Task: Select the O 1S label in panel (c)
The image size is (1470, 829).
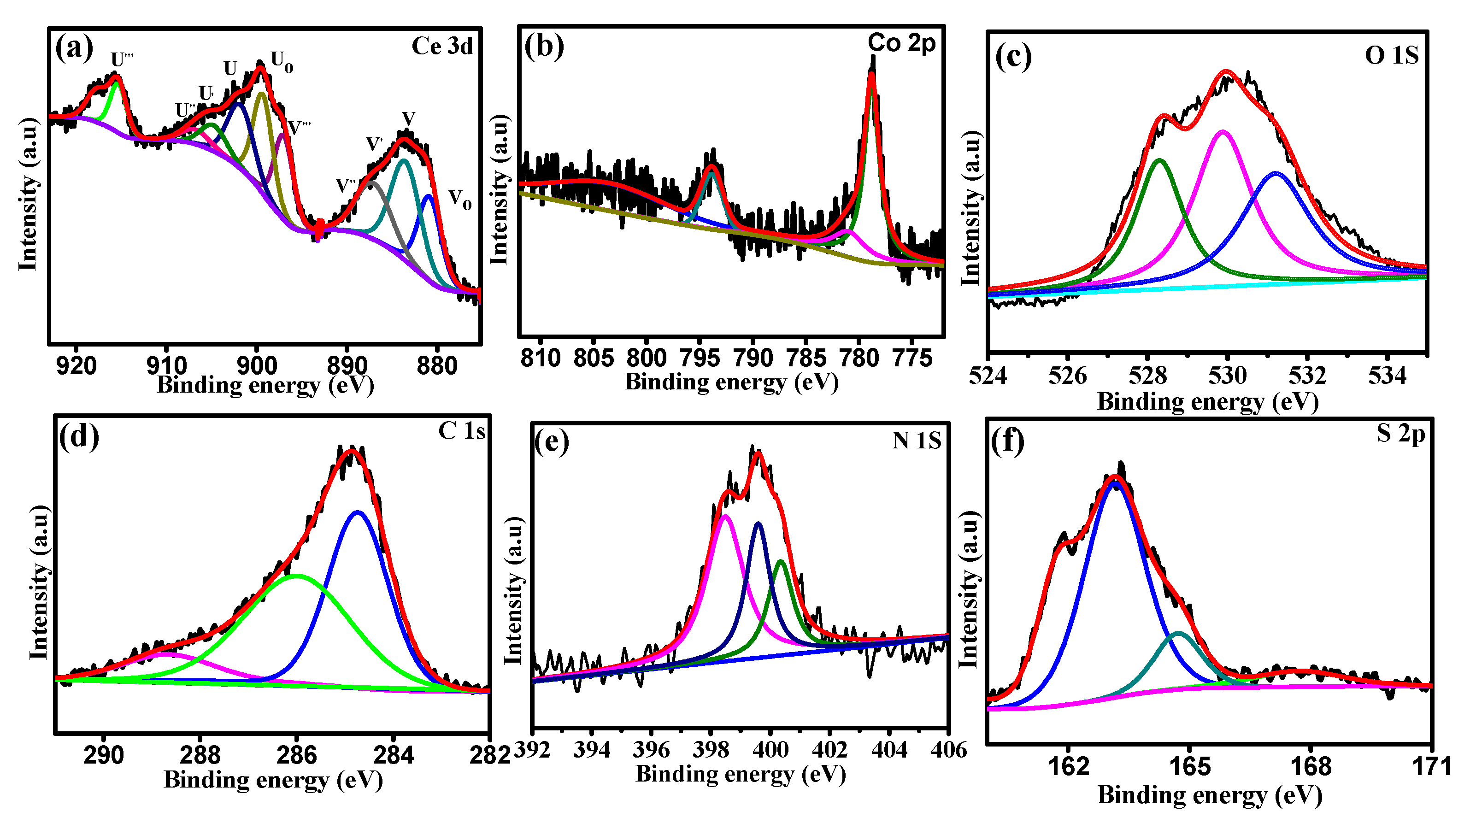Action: click(x=1391, y=56)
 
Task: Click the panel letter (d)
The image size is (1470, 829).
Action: click(x=79, y=436)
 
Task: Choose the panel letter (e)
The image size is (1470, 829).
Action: click(x=551, y=442)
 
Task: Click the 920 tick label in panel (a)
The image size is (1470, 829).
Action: click(x=76, y=366)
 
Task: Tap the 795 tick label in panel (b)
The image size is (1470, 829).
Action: click(x=700, y=359)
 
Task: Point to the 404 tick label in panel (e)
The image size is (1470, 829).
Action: click(x=889, y=749)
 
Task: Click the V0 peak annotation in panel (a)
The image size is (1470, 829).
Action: click(x=460, y=199)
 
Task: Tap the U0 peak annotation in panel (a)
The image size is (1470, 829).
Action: click(x=282, y=62)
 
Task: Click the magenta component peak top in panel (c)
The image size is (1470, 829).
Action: click(x=1223, y=132)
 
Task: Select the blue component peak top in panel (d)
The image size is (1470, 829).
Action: click(x=358, y=512)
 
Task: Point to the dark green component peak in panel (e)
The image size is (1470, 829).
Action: click(x=781, y=561)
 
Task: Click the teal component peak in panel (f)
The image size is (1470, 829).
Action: click(x=1178, y=633)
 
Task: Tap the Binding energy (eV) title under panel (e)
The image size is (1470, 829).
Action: click(x=740, y=775)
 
